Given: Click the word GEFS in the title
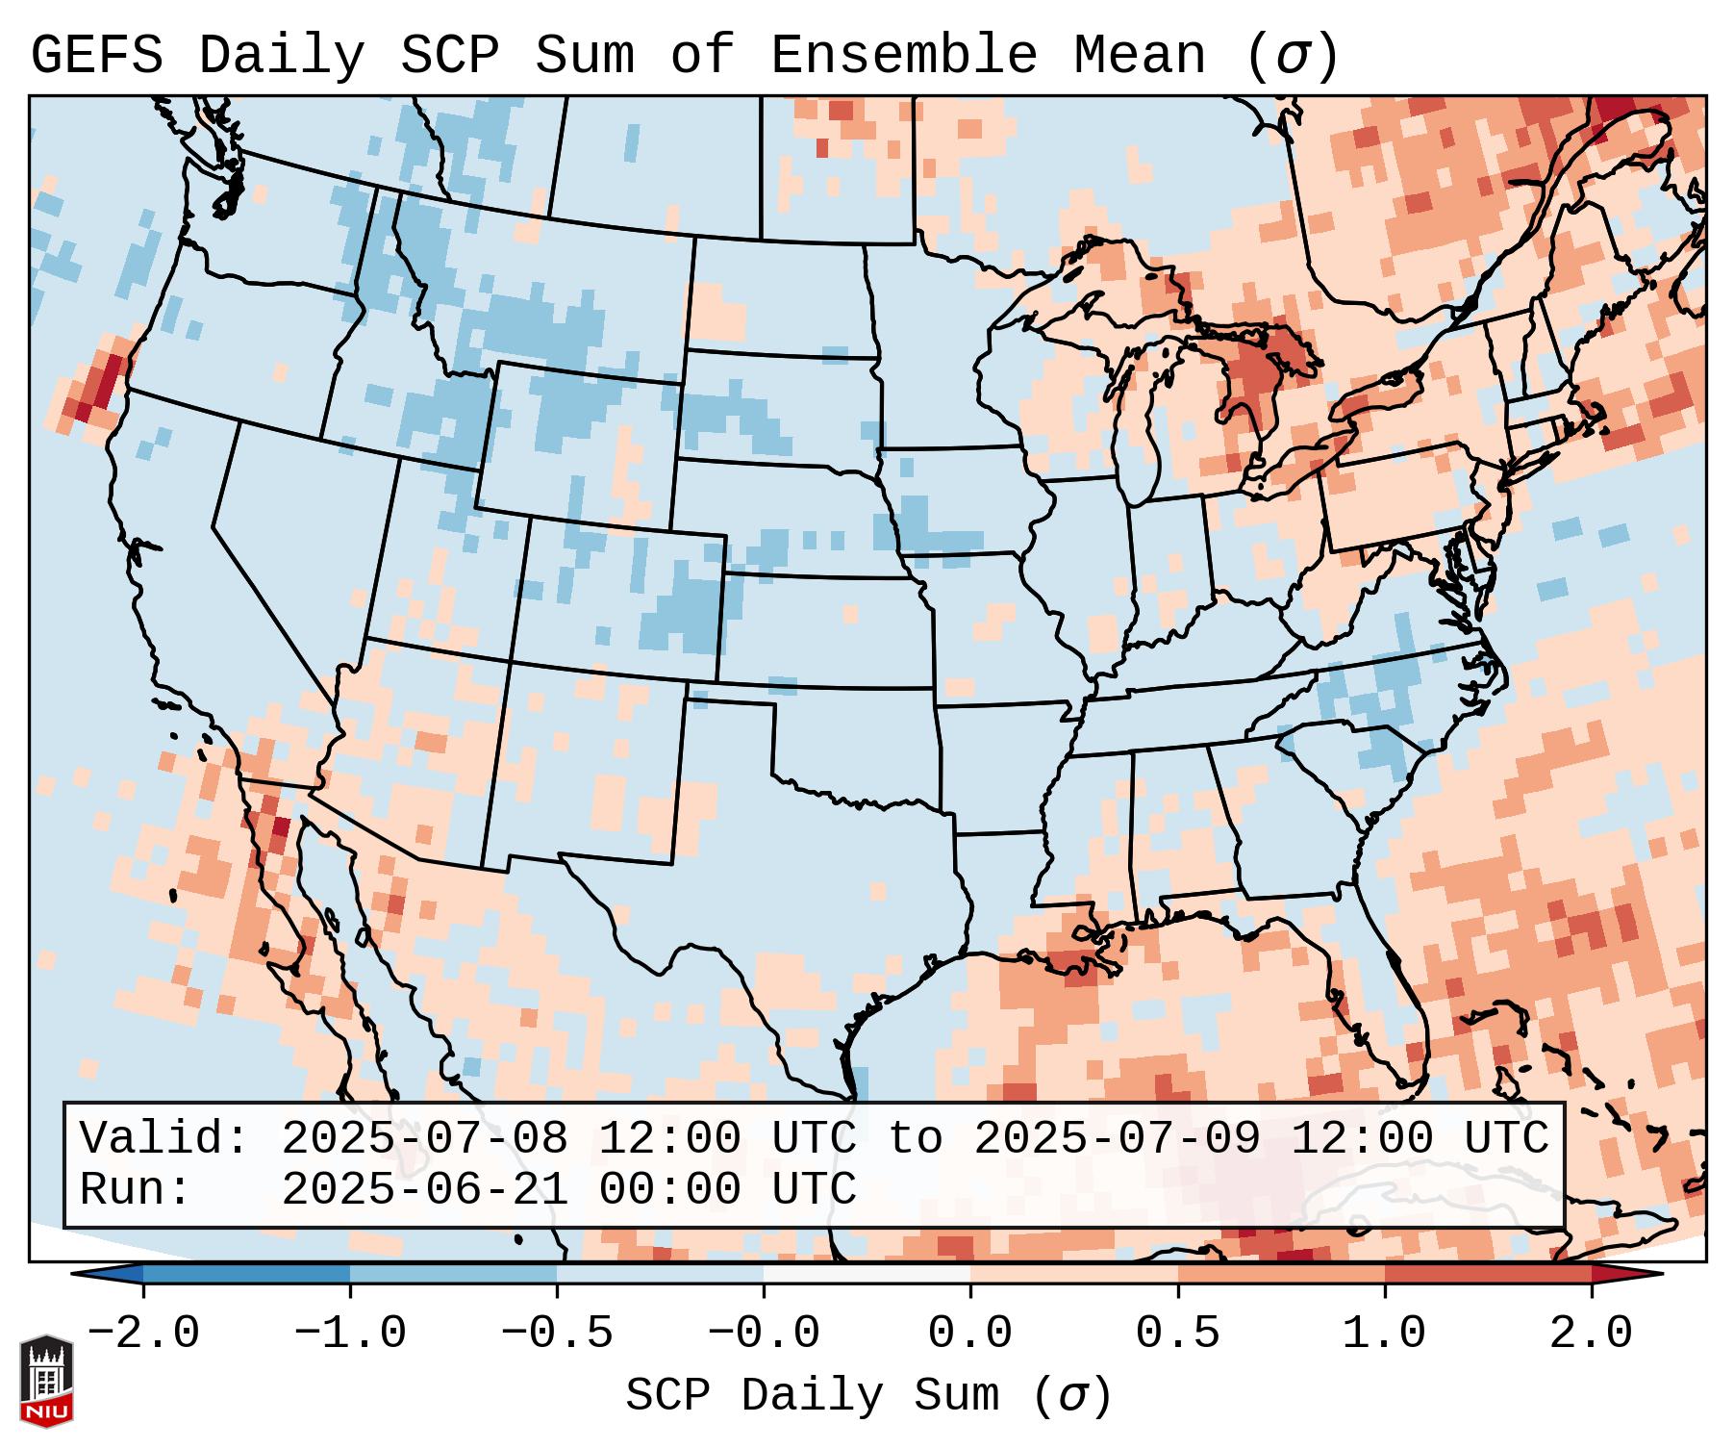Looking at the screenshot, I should (96, 56).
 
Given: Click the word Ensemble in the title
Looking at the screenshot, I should (903, 56).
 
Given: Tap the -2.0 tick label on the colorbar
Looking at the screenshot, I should (143, 1334).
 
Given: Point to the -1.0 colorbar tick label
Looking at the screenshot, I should (350, 1334).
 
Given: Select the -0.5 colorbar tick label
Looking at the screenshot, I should (557, 1334).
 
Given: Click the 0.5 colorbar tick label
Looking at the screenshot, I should (1177, 1334).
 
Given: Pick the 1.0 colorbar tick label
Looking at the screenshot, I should (1384, 1334).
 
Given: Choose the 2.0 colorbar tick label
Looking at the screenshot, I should (1591, 1334).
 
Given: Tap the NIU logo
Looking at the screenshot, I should (46, 1381).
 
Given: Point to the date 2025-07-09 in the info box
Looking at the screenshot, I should (1117, 1138).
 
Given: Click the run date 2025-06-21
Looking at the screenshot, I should (424, 1189).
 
